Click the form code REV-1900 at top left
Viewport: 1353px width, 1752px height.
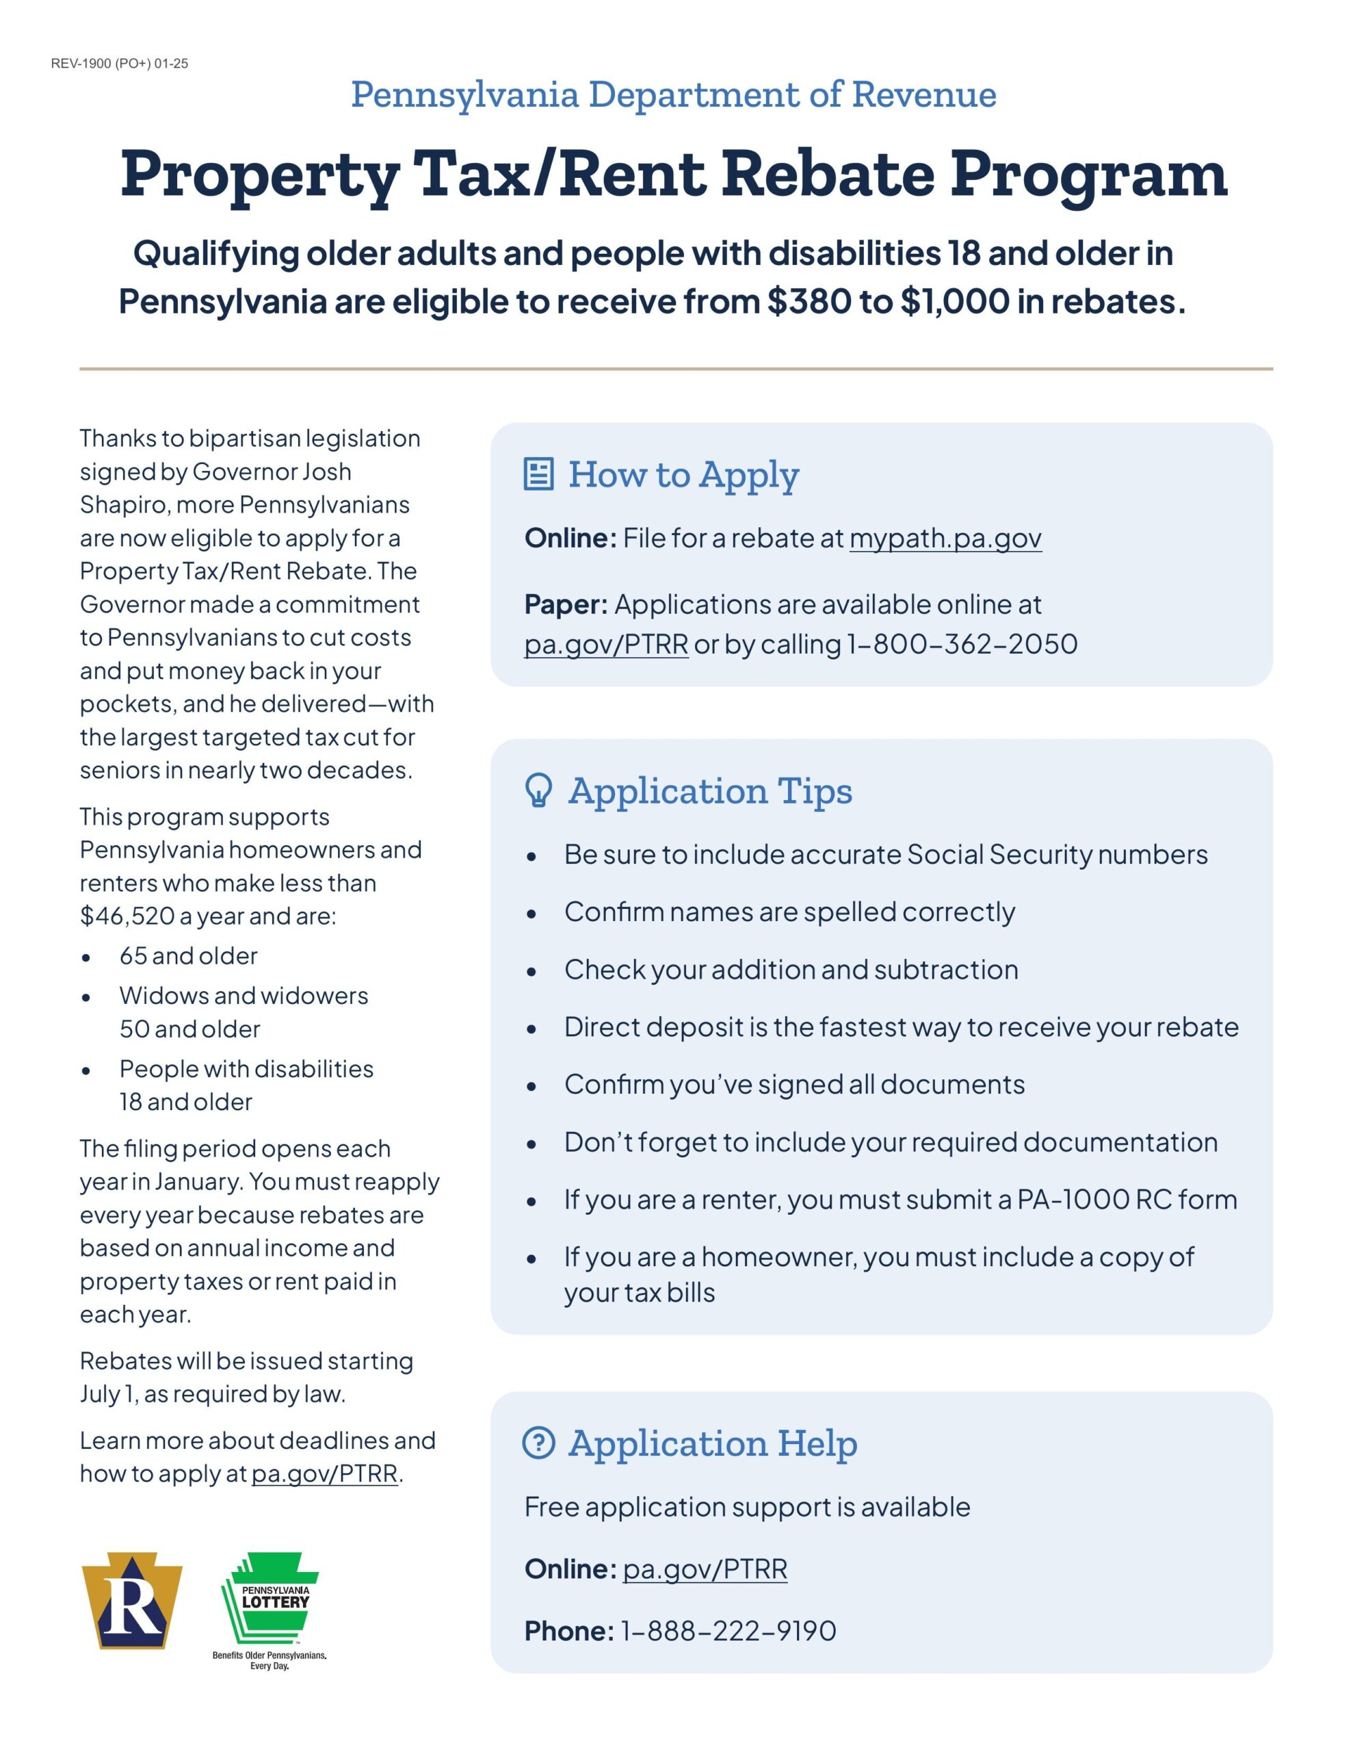pos(119,64)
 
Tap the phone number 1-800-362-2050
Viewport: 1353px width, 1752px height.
pos(962,644)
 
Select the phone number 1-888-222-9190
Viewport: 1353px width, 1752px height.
pos(727,1631)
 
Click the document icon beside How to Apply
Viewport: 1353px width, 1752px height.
pos(538,474)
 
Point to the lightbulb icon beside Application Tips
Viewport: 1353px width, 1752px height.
pos(538,790)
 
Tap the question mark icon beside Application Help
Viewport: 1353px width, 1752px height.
pos(538,1443)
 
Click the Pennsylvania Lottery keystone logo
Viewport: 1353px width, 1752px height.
pos(270,1602)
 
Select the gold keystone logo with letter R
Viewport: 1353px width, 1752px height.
pos(132,1601)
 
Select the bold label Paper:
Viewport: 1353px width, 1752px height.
pos(566,604)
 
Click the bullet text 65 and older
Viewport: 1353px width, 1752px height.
pos(189,956)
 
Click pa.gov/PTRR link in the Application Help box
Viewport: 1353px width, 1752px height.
pos(705,1569)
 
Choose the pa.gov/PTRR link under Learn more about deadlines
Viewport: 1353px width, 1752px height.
pos(325,1473)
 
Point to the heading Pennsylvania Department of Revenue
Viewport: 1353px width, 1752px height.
pos(674,94)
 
